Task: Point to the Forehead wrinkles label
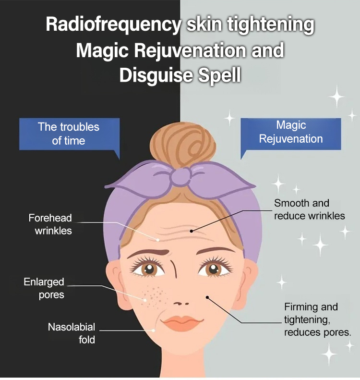[50, 224]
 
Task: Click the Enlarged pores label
[44, 288]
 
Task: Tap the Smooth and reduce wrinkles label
[309, 209]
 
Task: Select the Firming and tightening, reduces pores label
[317, 319]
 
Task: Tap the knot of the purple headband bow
[180, 178]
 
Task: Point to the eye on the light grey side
[213, 268]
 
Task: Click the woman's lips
[180, 323]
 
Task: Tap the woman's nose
[181, 303]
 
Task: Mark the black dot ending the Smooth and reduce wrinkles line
[191, 231]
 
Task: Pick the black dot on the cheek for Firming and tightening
[207, 297]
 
